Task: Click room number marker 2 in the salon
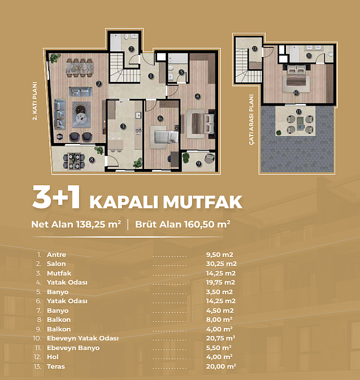tap(98, 84)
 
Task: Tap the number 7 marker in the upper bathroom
tap(131, 49)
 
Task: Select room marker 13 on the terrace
tap(298, 111)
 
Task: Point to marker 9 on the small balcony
tap(199, 164)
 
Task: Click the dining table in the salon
tap(80, 68)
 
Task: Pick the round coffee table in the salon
tap(81, 118)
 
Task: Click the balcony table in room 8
tap(73, 161)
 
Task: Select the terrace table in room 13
tap(300, 124)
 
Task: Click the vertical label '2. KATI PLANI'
tap(35, 101)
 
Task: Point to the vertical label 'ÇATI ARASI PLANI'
tap(251, 120)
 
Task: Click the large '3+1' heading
tap(56, 197)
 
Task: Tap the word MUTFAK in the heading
tap(203, 202)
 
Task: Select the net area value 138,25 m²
tap(98, 224)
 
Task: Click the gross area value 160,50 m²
tap(207, 224)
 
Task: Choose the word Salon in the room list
tap(57, 264)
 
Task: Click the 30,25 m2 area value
tap(221, 264)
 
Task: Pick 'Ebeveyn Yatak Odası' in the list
tap(83, 338)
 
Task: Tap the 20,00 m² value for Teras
tap(221, 366)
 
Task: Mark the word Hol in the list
tap(53, 357)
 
